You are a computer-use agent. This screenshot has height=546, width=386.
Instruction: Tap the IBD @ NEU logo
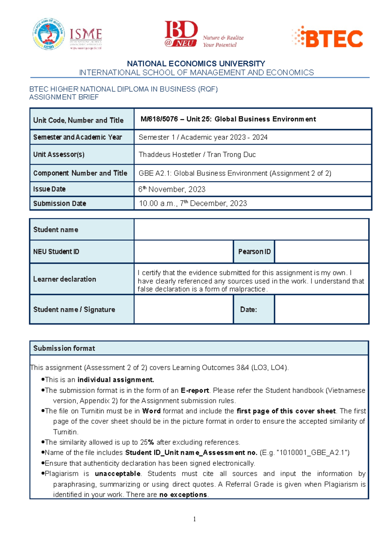pyautogui.click(x=181, y=34)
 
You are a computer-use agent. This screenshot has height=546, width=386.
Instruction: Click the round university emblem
pyautogui.click(x=49, y=34)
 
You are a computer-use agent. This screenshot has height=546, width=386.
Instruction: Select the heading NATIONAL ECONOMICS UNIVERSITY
pyautogui.click(x=196, y=64)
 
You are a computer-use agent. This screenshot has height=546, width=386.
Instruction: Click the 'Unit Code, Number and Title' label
pyautogui.click(x=78, y=120)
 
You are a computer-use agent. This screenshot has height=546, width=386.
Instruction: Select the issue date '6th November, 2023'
pyautogui.click(x=172, y=189)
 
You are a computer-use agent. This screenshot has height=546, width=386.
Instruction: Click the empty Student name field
pyautogui.click(x=251, y=230)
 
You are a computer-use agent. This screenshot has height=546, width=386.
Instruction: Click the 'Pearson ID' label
pyautogui.click(x=254, y=252)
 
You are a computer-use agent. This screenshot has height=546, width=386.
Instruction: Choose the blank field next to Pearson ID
pyautogui.click(x=321, y=252)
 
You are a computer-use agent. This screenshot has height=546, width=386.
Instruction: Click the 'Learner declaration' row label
pyautogui.click(x=65, y=279)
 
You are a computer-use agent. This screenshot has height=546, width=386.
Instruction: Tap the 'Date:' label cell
pyautogui.click(x=248, y=310)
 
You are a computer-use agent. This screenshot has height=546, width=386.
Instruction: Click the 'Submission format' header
pyautogui.click(x=64, y=348)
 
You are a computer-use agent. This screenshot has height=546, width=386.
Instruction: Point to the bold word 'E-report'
pyautogui.click(x=195, y=391)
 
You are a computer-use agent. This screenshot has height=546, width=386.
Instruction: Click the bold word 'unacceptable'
pyautogui.click(x=117, y=474)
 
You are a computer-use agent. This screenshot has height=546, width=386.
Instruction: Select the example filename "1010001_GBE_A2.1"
pyautogui.click(x=313, y=453)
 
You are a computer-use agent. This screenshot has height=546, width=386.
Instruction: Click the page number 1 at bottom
pyautogui.click(x=194, y=519)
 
